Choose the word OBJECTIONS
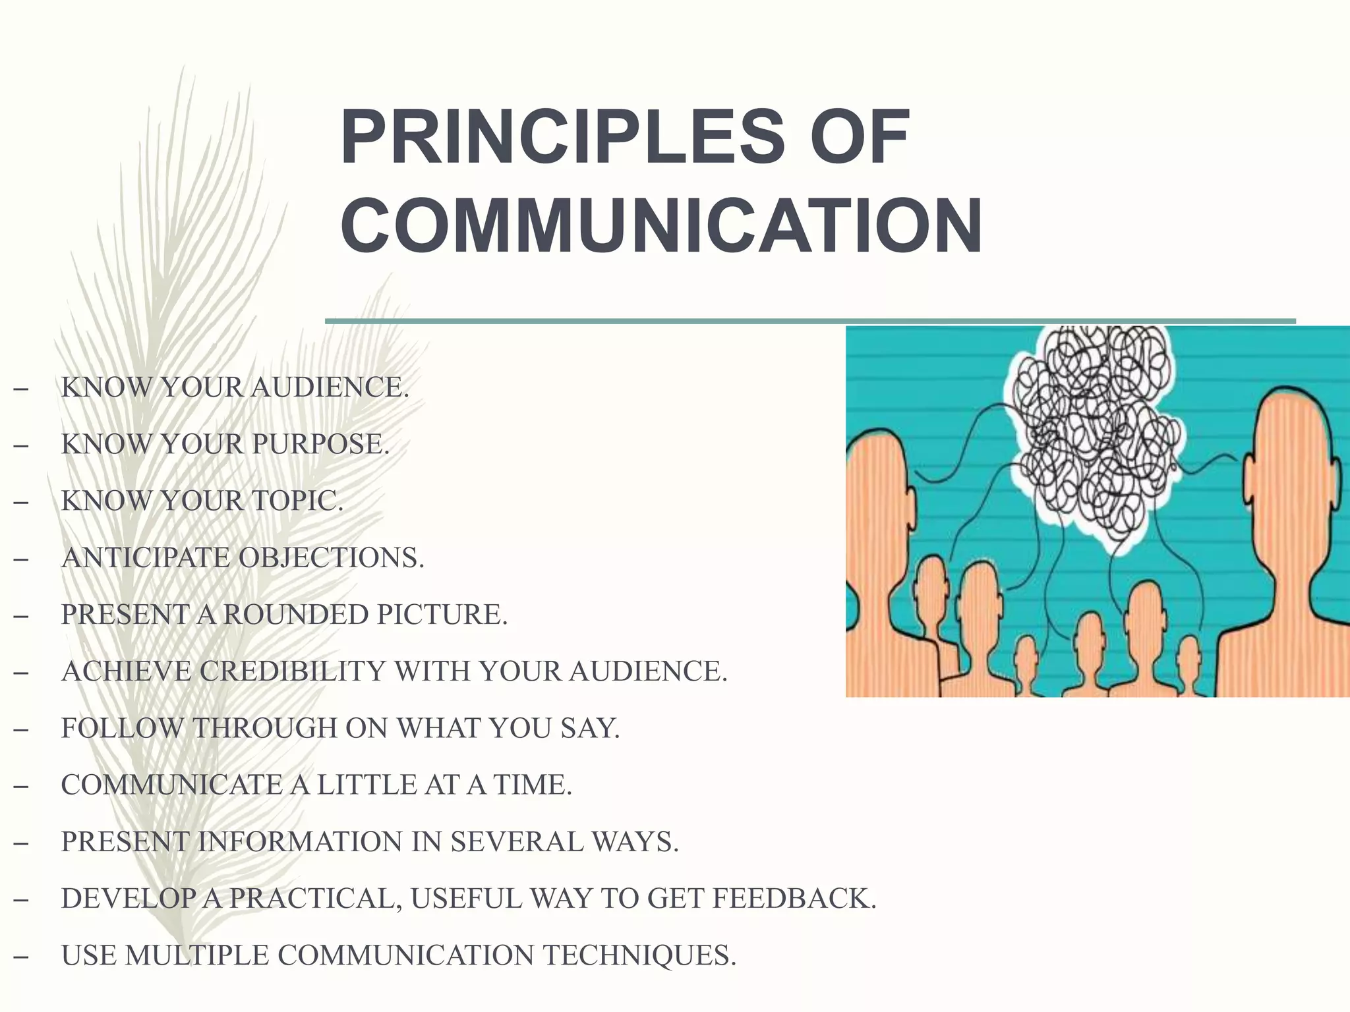tap(331, 558)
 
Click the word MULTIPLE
tap(197, 955)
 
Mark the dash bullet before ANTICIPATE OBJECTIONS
tap(20, 559)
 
